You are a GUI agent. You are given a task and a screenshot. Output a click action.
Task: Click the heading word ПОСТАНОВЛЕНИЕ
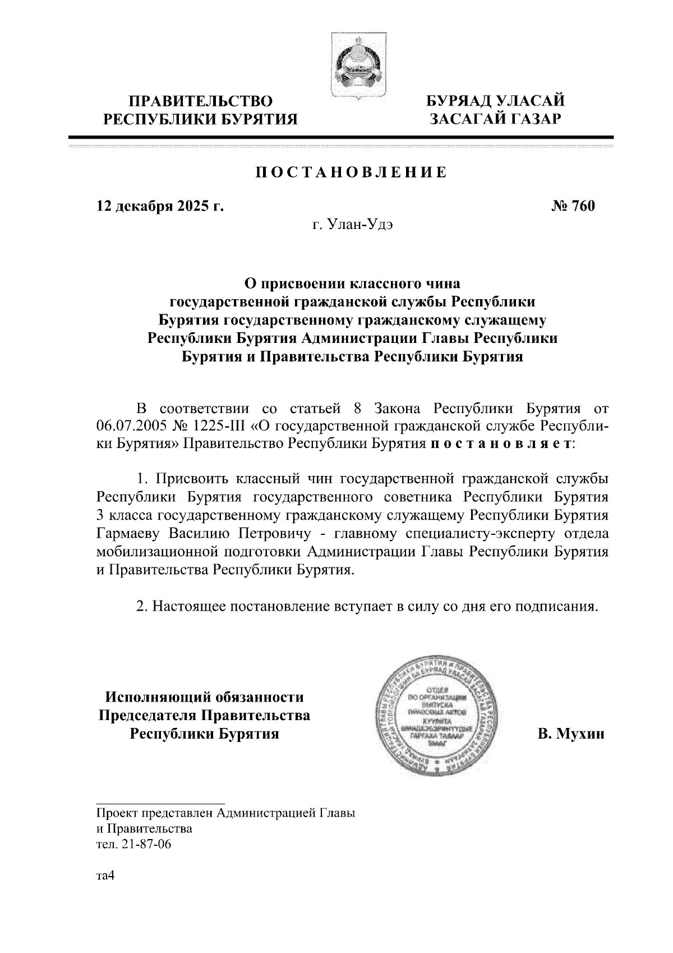[x=352, y=172]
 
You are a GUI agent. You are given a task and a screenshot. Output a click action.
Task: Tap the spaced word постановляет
[x=503, y=444]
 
